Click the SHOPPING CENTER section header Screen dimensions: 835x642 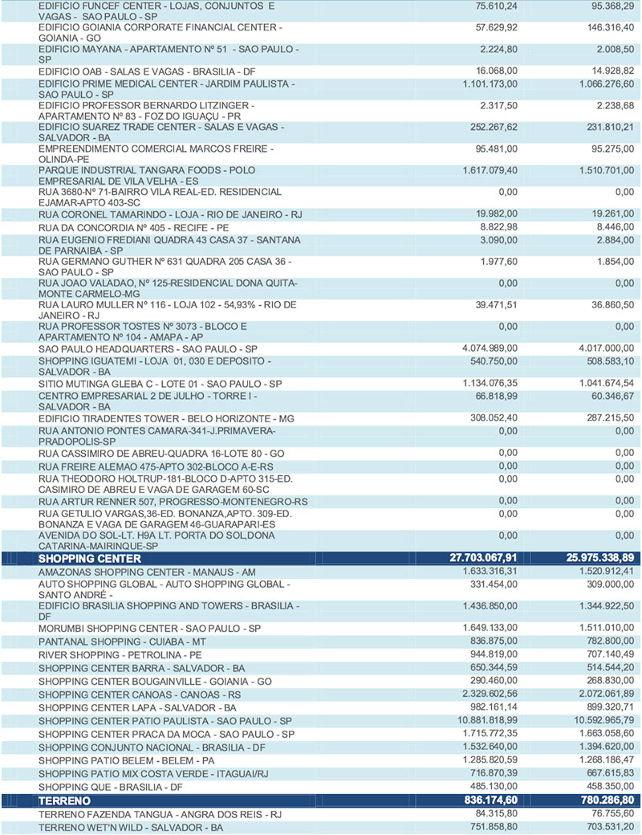(89, 558)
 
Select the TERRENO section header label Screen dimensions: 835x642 (66, 800)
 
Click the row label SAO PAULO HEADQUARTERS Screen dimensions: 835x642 (148, 348)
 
